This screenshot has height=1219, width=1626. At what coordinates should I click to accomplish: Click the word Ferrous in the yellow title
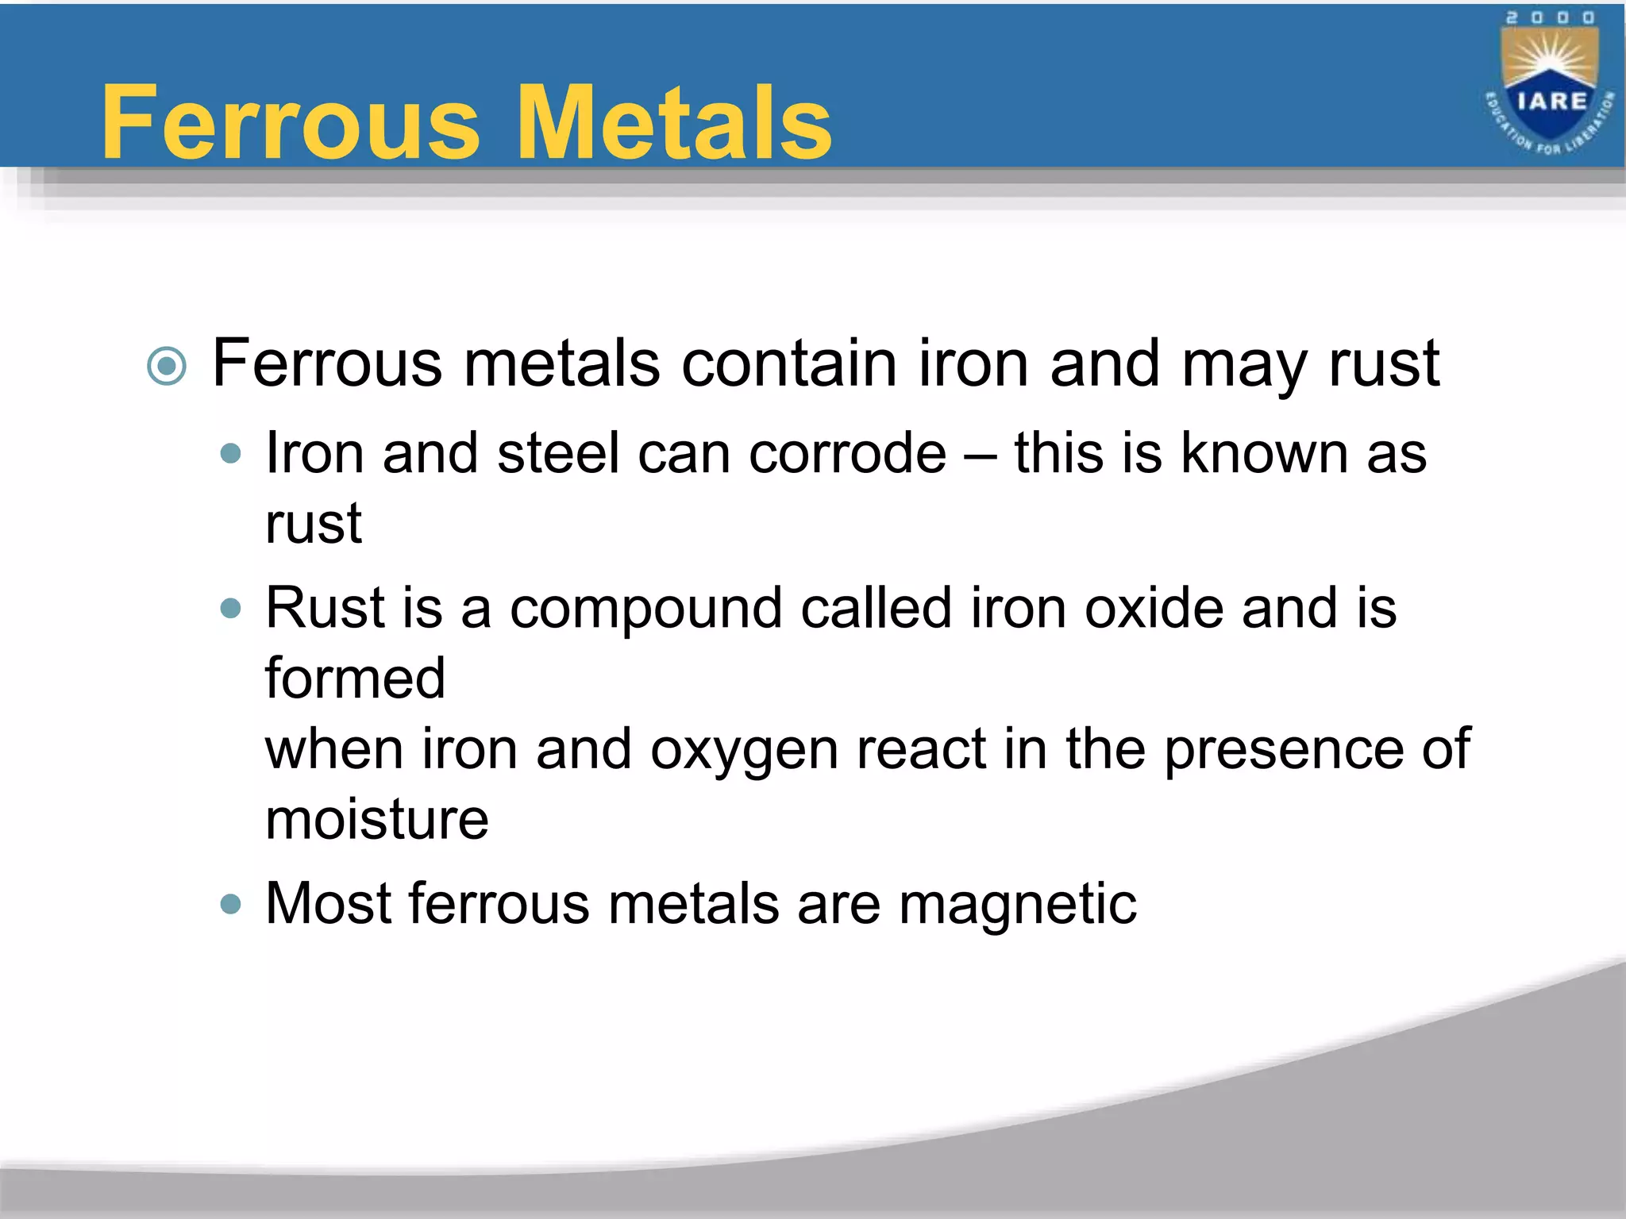[x=291, y=123]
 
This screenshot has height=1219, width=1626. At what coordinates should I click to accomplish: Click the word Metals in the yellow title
[x=674, y=123]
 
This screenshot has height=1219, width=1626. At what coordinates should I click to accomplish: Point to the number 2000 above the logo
[x=1551, y=18]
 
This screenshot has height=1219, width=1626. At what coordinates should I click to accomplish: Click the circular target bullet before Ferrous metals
[x=167, y=366]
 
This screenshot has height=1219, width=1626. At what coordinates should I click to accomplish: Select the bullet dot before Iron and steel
[x=230, y=454]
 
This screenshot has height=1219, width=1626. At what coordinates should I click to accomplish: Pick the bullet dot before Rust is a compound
[x=230, y=609]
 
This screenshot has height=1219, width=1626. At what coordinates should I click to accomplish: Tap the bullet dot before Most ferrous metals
[x=230, y=904]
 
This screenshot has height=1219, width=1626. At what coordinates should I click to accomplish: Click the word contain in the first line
[x=789, y=363]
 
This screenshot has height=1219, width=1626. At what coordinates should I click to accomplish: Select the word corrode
[x=847, y=454]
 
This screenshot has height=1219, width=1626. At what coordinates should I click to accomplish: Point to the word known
[x=1264, y=452]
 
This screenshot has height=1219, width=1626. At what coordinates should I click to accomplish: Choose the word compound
[x=645, y=609]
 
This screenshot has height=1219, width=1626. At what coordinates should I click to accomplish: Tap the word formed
[x=355, y=679]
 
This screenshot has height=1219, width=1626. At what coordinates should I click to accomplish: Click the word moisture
[x=377, y=820]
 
